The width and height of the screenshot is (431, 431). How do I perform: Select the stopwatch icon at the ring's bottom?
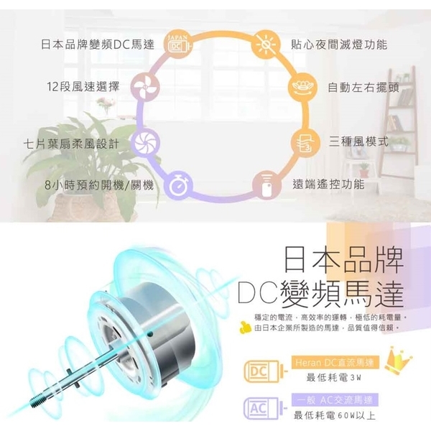tap(177, 185)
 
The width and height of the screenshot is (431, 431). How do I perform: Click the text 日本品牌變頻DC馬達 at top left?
tap(88, 45)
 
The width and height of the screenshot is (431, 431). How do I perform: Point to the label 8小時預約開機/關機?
tap(98, 185)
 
